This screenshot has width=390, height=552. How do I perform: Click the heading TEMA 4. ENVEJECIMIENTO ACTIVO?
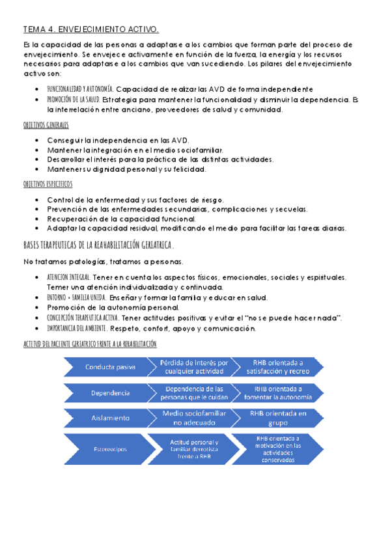point(91,29)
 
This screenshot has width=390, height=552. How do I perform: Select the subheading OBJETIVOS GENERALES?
point(46,125)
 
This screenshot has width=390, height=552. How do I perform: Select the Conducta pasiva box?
point(107,366)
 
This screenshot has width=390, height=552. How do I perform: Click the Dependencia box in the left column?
point(107,393)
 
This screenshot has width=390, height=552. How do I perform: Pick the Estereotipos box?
point(107,448)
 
